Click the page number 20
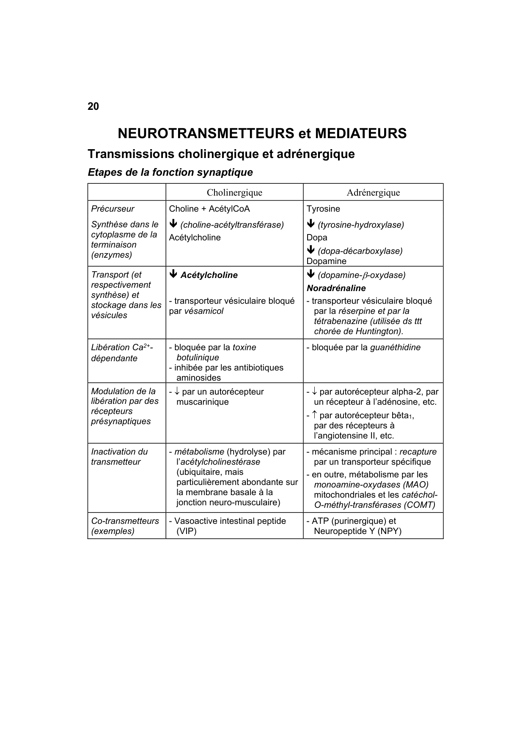pyautogui.click(x=93, y=106)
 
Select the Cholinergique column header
pyautogui.click(x=234, y=193)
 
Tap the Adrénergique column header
pyautogui.click(x=373, y=193)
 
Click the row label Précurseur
pyautogui.click(x=113, y=209)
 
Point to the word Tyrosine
pyautogui.click(x=323, y=209)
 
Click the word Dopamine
pyautogui.click(x=326, y=261)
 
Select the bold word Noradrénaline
pyautogui.click(x=336, y=288)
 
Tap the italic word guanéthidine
pyautogui.click(x=395, y=347)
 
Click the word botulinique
pyautogui.click(x=198, y=357)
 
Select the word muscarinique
pyautogui.click(x=202, y=402)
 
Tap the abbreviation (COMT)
pyautogui.click(x=419, y=505)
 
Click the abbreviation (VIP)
pyautogui.click(x=187, y=531)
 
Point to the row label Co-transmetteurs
pyautogui.click(x=125, y=521)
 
